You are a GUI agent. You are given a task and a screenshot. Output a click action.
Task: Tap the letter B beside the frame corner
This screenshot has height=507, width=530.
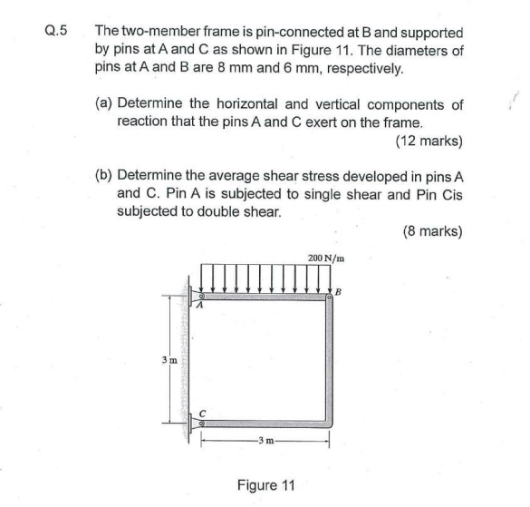[x=340, y=291]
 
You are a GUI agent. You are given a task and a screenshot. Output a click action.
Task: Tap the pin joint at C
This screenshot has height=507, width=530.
[x=202, y=422]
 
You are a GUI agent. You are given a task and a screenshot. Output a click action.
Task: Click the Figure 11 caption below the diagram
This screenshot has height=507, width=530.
[x=265, y=485]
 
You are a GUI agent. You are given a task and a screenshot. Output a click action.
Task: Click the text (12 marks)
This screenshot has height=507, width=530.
[x=429, y=141]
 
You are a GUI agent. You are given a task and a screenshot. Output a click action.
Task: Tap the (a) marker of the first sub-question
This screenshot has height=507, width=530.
[x=105, y=104]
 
